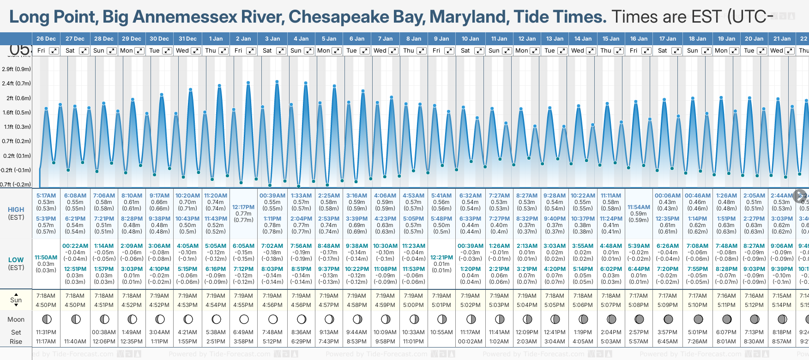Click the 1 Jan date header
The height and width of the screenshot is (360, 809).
[216, 39]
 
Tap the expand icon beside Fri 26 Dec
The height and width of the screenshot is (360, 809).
[54, 51]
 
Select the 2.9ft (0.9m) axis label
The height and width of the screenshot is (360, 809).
[17, 69]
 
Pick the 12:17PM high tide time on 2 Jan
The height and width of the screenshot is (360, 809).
[243, 207]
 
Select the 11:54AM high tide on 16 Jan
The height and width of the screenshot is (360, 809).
[639, 207]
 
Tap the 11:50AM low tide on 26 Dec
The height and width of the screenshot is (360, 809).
[46, 258]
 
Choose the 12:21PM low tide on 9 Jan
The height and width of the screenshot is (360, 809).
[441, 258]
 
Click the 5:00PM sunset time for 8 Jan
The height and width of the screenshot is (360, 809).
[413, 305]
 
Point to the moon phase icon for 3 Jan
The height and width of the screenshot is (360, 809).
[273, 319]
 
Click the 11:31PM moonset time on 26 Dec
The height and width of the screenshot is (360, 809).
[46, 332]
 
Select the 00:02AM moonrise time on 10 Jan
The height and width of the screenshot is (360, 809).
[470, 342]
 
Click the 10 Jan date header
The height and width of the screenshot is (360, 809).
[471, 39]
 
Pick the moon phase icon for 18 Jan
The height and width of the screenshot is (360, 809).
[698, 319]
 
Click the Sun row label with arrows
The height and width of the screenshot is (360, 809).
[16, 300]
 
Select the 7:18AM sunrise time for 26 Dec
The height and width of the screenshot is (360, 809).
[46, 296]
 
